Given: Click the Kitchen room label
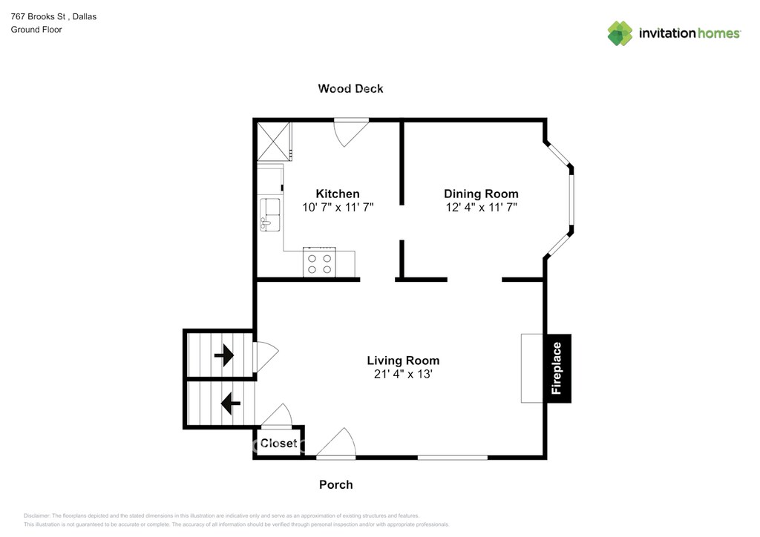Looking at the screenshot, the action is [338, 194].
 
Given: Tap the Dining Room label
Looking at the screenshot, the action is [481, 194].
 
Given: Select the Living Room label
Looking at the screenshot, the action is [403, 360].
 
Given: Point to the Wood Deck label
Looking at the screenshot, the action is [350, 88].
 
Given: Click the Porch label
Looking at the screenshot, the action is [336, 484].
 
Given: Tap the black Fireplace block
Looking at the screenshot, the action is [558, 368].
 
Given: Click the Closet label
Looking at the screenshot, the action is [279, 443].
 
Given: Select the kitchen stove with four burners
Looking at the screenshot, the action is [319, 263].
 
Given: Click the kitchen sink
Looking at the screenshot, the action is [270, 214].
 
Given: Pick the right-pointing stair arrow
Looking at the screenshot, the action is [224, 355].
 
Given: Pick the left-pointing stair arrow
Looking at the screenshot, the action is [231, 403].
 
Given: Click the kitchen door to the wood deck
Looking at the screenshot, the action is [351, 132].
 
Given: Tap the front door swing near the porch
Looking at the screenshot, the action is [336, 443].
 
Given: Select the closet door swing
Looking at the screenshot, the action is [277, 415].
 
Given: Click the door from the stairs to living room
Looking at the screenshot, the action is [266, 357].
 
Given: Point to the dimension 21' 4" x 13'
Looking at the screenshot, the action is [403, 374].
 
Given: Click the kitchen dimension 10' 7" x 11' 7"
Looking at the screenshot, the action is [338, 207].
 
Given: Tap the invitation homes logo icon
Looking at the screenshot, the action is [620, 33].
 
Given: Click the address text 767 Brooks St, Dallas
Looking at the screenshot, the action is [53, 16].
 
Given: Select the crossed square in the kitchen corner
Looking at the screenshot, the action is [274, 142].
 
